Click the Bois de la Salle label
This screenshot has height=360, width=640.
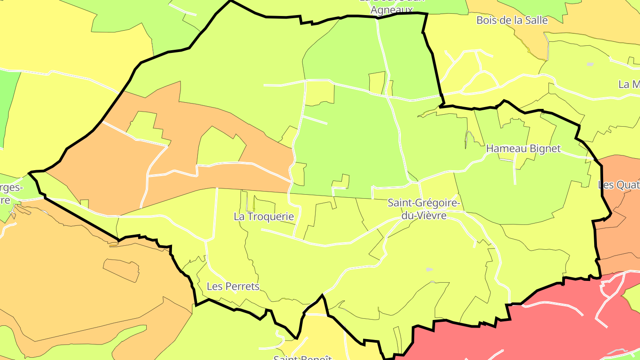pos(512,20)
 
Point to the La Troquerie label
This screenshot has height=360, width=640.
pos(264,216)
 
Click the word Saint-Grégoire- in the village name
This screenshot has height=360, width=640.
pos(424,203)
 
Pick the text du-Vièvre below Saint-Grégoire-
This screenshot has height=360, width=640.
pos(424,215)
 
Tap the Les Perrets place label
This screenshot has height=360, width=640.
pos(233,286)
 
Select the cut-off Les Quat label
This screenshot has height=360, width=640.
pos(619,185)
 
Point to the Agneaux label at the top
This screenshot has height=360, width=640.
pos(392,10)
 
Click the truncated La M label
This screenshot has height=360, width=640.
pos(629,84)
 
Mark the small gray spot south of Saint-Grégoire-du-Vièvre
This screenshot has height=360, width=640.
pos(429,269)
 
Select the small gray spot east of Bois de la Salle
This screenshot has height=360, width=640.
pos(590,64)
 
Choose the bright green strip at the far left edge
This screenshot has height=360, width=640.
pos(8,107)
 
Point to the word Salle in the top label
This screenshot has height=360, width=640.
pos(536,20)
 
